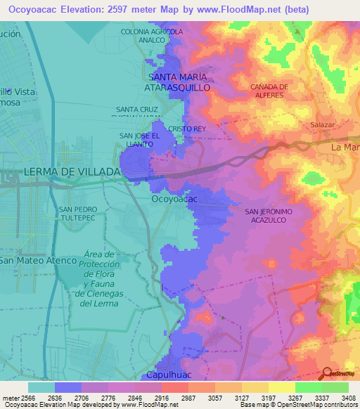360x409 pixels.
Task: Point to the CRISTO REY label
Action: (x=187, y=129)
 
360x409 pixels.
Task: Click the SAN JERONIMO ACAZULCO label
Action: (x=268, y=215)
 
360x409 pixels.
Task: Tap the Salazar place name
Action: (x=323, y=124)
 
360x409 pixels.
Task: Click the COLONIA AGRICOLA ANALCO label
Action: (x=152, y=36)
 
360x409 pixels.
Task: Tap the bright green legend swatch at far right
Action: (x=335, y=387)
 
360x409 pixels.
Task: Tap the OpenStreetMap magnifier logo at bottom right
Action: (x=326, y=374)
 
